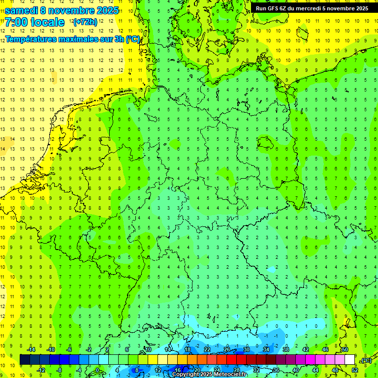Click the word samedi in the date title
pos(22,10)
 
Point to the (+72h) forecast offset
pos(85,22)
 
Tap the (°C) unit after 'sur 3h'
pos(132,39)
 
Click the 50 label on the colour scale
pos(345,349)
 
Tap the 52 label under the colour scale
pos(355,370)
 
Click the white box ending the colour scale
pos(349,359)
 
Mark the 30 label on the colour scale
pos(246,349)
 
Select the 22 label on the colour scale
pos(207,349)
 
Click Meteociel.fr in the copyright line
pos(230,375)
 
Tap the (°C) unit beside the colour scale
pos(366,360)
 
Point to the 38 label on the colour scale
pos(285,349)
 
